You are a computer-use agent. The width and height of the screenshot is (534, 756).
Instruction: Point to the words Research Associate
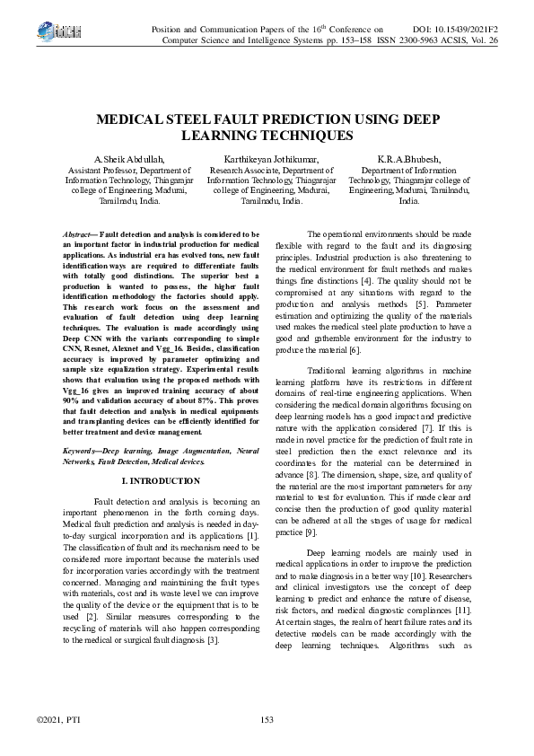click(250, 170)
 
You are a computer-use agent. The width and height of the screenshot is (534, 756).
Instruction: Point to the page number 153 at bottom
click(267, 719)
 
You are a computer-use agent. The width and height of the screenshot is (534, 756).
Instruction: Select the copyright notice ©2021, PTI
click(57, 719)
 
